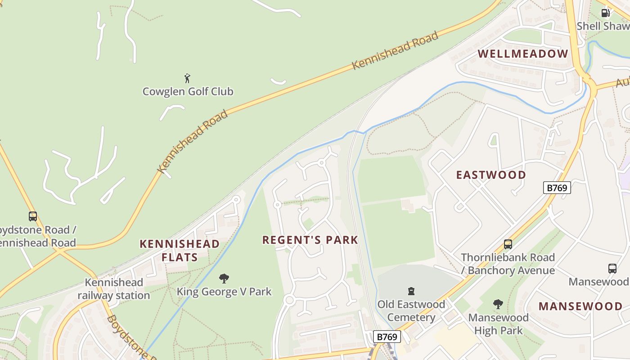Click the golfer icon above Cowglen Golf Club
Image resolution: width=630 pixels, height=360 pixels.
[188, 78]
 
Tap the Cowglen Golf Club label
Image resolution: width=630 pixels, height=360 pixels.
[188, 92]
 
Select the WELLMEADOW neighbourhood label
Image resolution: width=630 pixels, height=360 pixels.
[523, 54]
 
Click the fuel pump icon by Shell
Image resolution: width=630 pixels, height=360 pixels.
[606, 13]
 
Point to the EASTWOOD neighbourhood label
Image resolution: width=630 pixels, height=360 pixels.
[491, 175]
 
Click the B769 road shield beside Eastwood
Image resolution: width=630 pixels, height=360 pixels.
[557, 188]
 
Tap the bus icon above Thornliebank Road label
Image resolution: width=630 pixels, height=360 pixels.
[508, 244]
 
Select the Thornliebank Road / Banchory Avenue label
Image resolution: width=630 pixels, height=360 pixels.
[508, 264]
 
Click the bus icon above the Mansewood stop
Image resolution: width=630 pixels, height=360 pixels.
[612, 269]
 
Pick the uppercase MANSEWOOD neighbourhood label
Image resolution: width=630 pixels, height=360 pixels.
[580, 306]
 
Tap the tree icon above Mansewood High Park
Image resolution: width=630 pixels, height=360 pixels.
[498, 304]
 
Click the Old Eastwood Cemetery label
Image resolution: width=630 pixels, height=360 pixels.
[411, 311]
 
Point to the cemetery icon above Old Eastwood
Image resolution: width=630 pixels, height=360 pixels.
[411, 291]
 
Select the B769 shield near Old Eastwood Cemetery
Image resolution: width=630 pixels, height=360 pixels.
[387, 337]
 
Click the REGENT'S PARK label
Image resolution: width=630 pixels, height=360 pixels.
[310, 240]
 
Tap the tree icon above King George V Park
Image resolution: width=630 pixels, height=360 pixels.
[224, 279]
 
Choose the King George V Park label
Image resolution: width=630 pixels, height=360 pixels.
[224, 292]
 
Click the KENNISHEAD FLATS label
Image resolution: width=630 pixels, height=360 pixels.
[180, 251]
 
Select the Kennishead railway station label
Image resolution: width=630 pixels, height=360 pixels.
[114, 289]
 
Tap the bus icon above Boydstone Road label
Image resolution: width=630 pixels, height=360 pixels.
[33, 216]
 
